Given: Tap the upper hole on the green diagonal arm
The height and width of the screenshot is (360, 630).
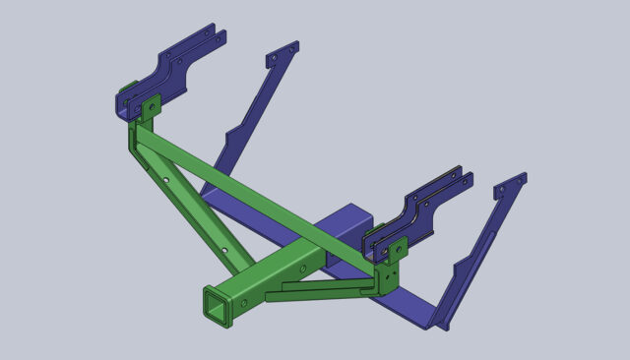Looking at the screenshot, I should point(173,181).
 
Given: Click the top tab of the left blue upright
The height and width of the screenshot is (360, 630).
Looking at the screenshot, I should point(283,53).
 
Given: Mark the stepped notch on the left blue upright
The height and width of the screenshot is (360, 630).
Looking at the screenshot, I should point(234,133).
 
